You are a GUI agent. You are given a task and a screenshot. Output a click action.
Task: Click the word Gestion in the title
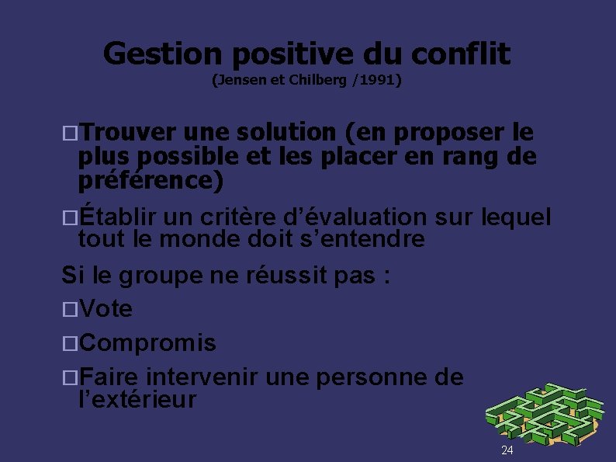pos(162,54)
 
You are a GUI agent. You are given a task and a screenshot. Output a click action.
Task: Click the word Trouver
pos(128,134)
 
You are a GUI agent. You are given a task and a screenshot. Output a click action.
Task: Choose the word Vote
pos(106,309)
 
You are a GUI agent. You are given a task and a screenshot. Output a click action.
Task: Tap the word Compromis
pos(147,342)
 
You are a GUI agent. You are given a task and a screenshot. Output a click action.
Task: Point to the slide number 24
pos(507,450)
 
